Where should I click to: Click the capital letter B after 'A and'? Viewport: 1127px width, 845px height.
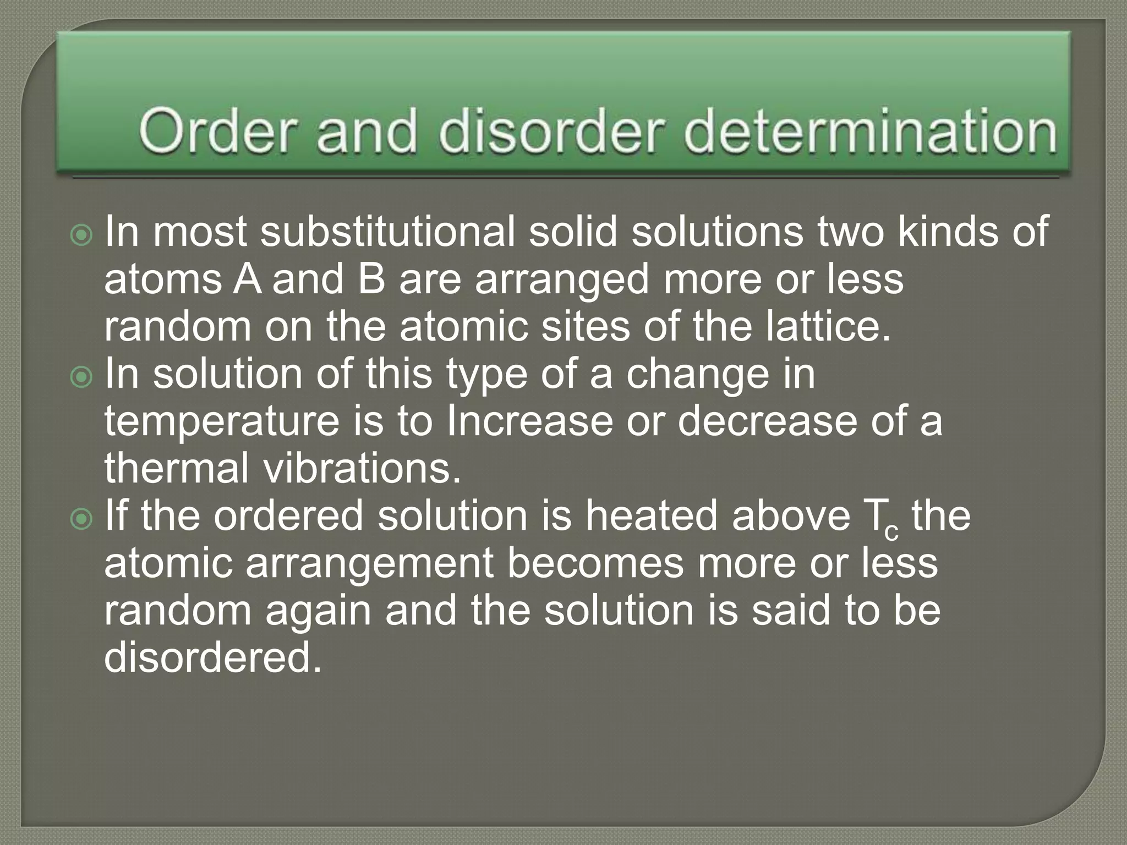pos(371,279)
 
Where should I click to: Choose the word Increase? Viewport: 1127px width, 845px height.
pos(529,421)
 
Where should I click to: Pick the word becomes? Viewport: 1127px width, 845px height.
pos(595,563)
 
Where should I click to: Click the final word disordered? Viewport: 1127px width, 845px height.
pos(212,658)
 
